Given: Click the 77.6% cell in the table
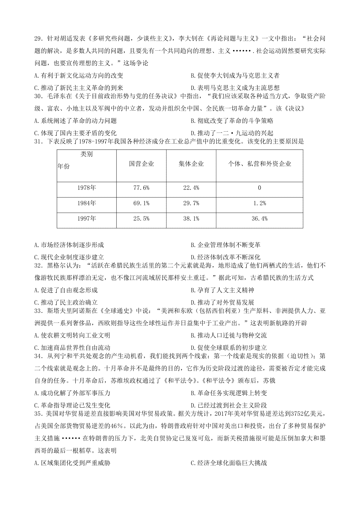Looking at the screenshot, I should pyautogui.click(x=141, y=188).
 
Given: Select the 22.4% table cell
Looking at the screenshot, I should pyautogui.click(x=191, y=188).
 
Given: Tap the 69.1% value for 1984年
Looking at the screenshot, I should pyautogui.click(x=141, y=204).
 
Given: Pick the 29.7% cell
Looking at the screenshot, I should pyautogui.click(x=191, y=204).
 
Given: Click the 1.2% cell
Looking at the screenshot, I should pyautogui.click(x=259, y=204).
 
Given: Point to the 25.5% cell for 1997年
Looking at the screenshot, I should pyautogui.click(x=141, y=219).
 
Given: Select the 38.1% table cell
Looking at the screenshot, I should pyautogui.click(x=191, y=219).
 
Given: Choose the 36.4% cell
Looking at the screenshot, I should pyautogui.click(x=259, y=219).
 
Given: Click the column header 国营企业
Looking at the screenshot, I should pyautogui.click(x=141, y=164).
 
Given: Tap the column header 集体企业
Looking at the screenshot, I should pyautogui.click(x=191, y=164).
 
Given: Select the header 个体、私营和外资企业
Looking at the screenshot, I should pyautogui.click(x=259, y=164).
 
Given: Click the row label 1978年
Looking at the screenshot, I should pyautogui.click(x=86, y=188).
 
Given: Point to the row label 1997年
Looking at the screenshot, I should pyautogui.click(x=86, y=219).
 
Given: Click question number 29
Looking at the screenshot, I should pyautogui.click(x=38, y=39).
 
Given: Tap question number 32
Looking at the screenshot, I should pyautogui.click(x=38, y=265).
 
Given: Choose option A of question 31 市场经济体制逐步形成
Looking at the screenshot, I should pyautogui.click(x=69, y=245).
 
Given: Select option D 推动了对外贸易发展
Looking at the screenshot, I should pyautogui.click(x=223, y=302).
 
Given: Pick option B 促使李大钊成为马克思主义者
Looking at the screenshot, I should pyautogui.click(x=235, y=76).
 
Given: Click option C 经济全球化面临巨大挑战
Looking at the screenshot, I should pyautogui.click(x=229, y=463).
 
